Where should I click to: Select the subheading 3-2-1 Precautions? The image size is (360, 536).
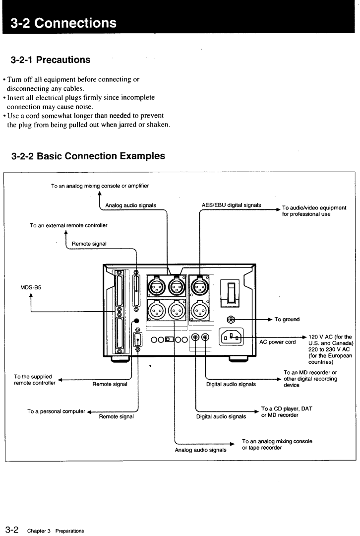51,60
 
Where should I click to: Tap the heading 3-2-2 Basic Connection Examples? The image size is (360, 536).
88,156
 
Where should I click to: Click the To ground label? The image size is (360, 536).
287,320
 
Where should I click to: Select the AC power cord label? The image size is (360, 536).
278,342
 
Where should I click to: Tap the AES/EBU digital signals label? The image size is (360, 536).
231,205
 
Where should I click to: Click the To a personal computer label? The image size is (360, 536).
56,411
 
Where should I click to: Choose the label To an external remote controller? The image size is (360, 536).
68,225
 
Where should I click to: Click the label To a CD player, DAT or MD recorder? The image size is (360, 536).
287,412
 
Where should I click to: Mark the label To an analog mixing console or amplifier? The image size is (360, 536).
100,186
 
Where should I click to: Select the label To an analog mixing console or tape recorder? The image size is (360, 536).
277,444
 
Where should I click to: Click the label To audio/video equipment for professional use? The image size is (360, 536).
314,211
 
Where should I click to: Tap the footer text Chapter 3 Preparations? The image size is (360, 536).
56,531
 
